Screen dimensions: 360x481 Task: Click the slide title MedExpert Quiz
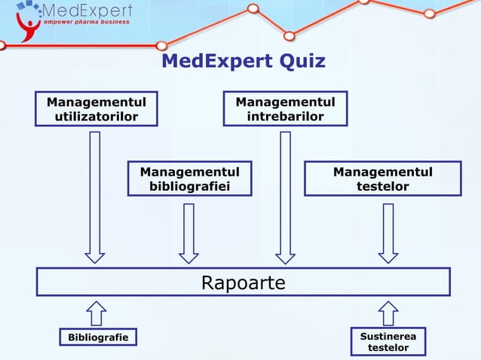point(243,61)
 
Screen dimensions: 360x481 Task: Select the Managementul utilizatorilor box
point(96,108)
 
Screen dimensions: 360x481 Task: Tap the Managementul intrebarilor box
point(285,108)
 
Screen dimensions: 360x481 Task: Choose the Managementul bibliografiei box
point(189,178)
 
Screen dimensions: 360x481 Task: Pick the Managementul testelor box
point(382,178)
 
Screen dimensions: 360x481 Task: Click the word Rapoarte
point(243,282)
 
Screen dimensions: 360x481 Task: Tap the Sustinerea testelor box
point(388,340)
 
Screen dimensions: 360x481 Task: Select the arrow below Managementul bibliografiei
point(188,233)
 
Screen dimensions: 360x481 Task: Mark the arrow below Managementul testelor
point(388,233)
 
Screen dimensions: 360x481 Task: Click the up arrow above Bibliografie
point(97,313)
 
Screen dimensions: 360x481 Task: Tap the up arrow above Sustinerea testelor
point(388,313)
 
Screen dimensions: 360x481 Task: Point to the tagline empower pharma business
point(86,22)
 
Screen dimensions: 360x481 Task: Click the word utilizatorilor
point(96,116)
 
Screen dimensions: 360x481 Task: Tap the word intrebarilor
point(285,116)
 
